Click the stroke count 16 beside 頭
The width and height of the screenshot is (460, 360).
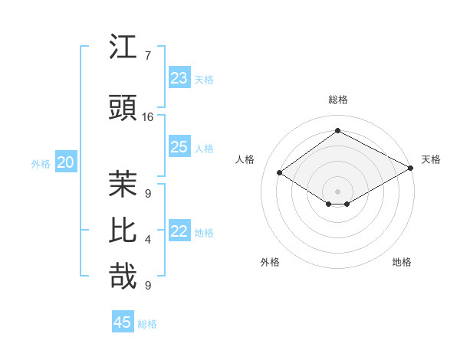(148, 117)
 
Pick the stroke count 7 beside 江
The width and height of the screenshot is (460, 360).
(148, 56)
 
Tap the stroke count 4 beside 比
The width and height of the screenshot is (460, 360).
(148, 240)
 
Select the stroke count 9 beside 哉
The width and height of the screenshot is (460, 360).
(148, 286)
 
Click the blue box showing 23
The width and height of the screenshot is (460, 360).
(179, 77)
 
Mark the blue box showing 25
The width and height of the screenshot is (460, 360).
(179, 147)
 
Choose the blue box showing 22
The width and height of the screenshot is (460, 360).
(179, 231)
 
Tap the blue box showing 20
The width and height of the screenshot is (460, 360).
(66, 162)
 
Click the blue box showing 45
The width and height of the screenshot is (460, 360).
(123, 322)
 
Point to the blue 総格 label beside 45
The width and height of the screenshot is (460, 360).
(148, 324)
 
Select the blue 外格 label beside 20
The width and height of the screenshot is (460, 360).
(41, 164)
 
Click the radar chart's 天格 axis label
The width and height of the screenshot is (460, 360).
(431, 159)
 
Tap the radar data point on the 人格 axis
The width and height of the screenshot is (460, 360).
(280, 173)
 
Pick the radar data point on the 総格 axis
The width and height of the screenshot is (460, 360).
(337, 131)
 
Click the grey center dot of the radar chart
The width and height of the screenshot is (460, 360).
(337, 190)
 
